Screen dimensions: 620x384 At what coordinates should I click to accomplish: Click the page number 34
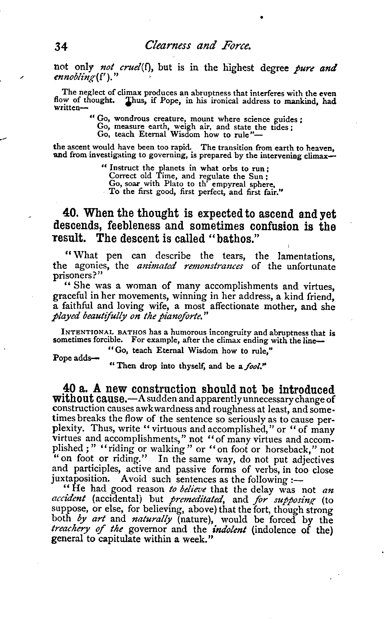[61, 47]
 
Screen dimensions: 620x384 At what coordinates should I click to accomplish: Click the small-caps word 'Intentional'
[83, 333]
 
